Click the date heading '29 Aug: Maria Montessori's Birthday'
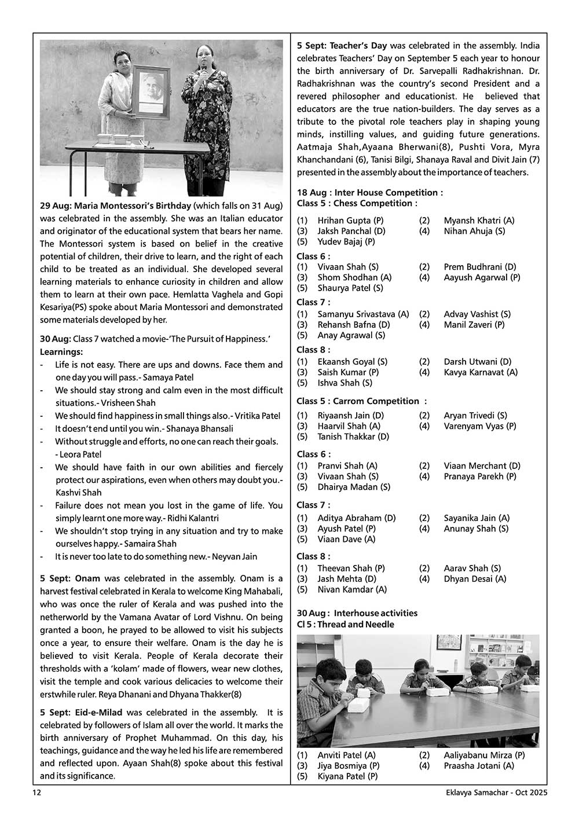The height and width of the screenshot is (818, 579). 115,206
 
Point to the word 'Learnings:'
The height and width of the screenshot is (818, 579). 61,352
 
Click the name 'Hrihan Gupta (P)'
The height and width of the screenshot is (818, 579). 350,221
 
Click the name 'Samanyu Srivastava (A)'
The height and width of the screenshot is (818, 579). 363,314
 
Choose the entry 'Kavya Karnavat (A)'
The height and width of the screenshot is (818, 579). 481,372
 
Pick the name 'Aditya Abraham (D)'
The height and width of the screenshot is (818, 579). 357,518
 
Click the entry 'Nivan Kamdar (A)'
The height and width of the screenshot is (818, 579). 352,589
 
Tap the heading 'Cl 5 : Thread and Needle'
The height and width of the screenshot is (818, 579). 346,624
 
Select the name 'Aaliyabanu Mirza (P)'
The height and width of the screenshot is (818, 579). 484,755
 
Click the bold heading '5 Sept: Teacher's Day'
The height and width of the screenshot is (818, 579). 342,45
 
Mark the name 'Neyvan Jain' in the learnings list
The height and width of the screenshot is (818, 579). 234,556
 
